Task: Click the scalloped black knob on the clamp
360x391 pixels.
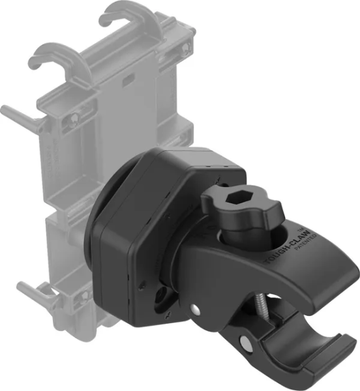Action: click(x=237, y=209)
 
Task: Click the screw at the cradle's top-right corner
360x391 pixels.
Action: click(x=186, y=46)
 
